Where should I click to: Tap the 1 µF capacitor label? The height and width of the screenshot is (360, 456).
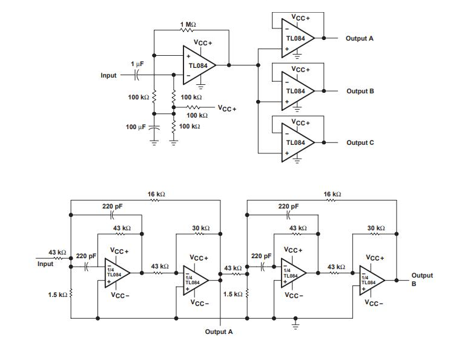[137, 64]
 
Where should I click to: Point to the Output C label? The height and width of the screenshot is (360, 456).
[360, 142]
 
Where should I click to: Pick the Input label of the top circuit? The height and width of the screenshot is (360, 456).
[108, 76]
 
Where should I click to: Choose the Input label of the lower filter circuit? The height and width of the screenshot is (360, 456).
[45, 264]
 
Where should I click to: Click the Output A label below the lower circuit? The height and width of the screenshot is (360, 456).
[219, 332]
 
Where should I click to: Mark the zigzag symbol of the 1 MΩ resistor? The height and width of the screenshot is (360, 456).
[188, 30]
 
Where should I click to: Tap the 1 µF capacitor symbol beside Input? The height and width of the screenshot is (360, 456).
[137, 75]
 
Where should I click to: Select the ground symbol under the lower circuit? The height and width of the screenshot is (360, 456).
[296, 325]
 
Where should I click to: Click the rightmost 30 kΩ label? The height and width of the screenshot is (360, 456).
[376, 228]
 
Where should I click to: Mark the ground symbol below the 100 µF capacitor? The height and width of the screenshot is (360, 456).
[154, 143]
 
